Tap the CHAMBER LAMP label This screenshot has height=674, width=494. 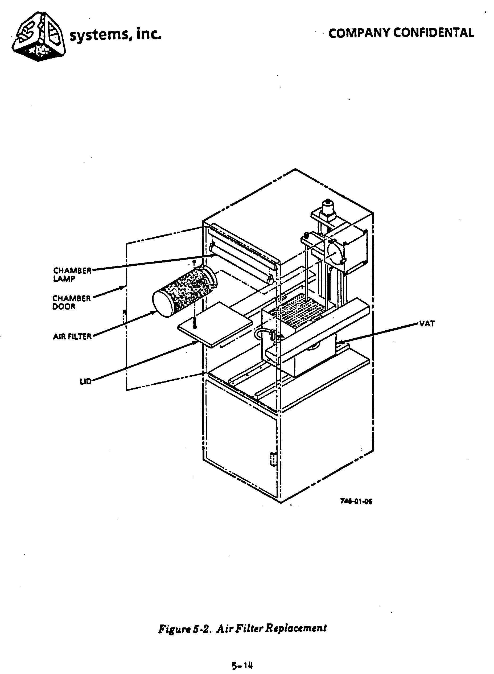(x=72, y=274)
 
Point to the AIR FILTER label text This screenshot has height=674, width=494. (x=72, y=337)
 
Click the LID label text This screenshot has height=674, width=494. (x=85, y=381)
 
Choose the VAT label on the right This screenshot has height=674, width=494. (x=427, y=323)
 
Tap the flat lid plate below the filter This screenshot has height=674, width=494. (x=215, y=324)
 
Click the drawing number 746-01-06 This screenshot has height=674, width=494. (x=356, y=501)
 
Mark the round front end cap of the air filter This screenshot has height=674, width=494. (x=163, y=303)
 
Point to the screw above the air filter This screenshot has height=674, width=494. (x=194, y=262)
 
